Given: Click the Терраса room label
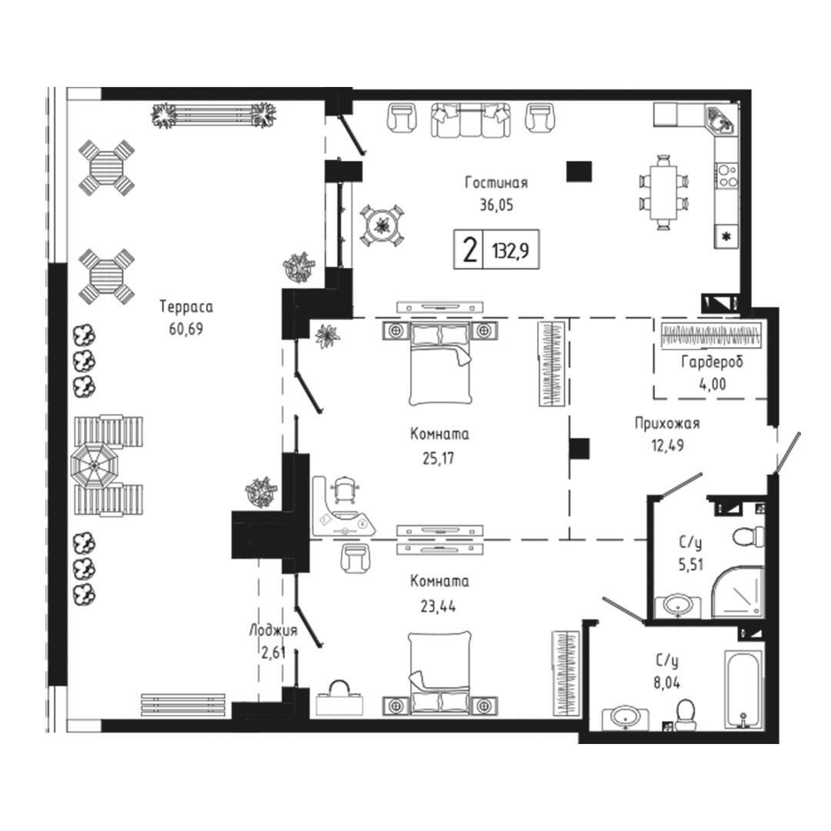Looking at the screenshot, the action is [x=186, y=306].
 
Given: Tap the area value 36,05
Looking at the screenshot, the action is [x=496, y=205].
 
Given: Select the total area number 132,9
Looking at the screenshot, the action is [x=511, y=249].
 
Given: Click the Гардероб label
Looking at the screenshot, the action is [x=712, y=362].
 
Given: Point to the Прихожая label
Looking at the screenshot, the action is [x=667, y=423].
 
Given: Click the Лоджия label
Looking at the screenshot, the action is [x=273, y=631].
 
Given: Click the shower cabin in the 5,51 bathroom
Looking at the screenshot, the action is [x=737, y=592].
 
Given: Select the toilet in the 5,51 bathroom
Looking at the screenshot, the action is [x=749, y=536].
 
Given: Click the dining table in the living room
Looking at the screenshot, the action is [x=663, y=192].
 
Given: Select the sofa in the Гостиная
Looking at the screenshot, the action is [x=471, y=120].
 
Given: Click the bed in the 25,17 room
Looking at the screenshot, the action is [x=440, y=363].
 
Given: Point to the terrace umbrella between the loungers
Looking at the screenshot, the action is [x=94, y=466].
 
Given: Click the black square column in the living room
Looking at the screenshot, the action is [x=579, y=171].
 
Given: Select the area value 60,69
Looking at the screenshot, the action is [x=186, y=329].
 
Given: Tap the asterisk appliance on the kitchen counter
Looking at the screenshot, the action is [x=726, y=236].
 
